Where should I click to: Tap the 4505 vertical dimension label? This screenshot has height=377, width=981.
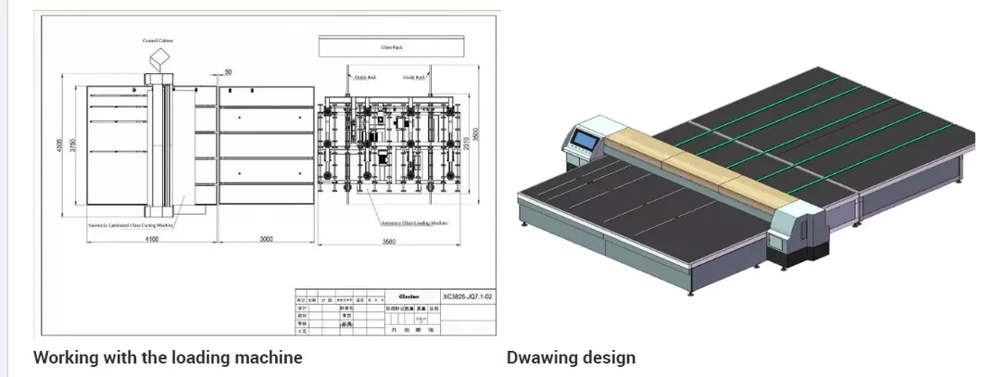[x=58, y=148]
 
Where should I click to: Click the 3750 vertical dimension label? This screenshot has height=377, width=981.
[x=71, y=148]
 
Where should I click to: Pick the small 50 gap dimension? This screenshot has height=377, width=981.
[x=227, y=71]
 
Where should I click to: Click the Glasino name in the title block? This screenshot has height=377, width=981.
[x=409, y=296]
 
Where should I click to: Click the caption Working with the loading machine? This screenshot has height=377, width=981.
[x=168, y=357]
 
